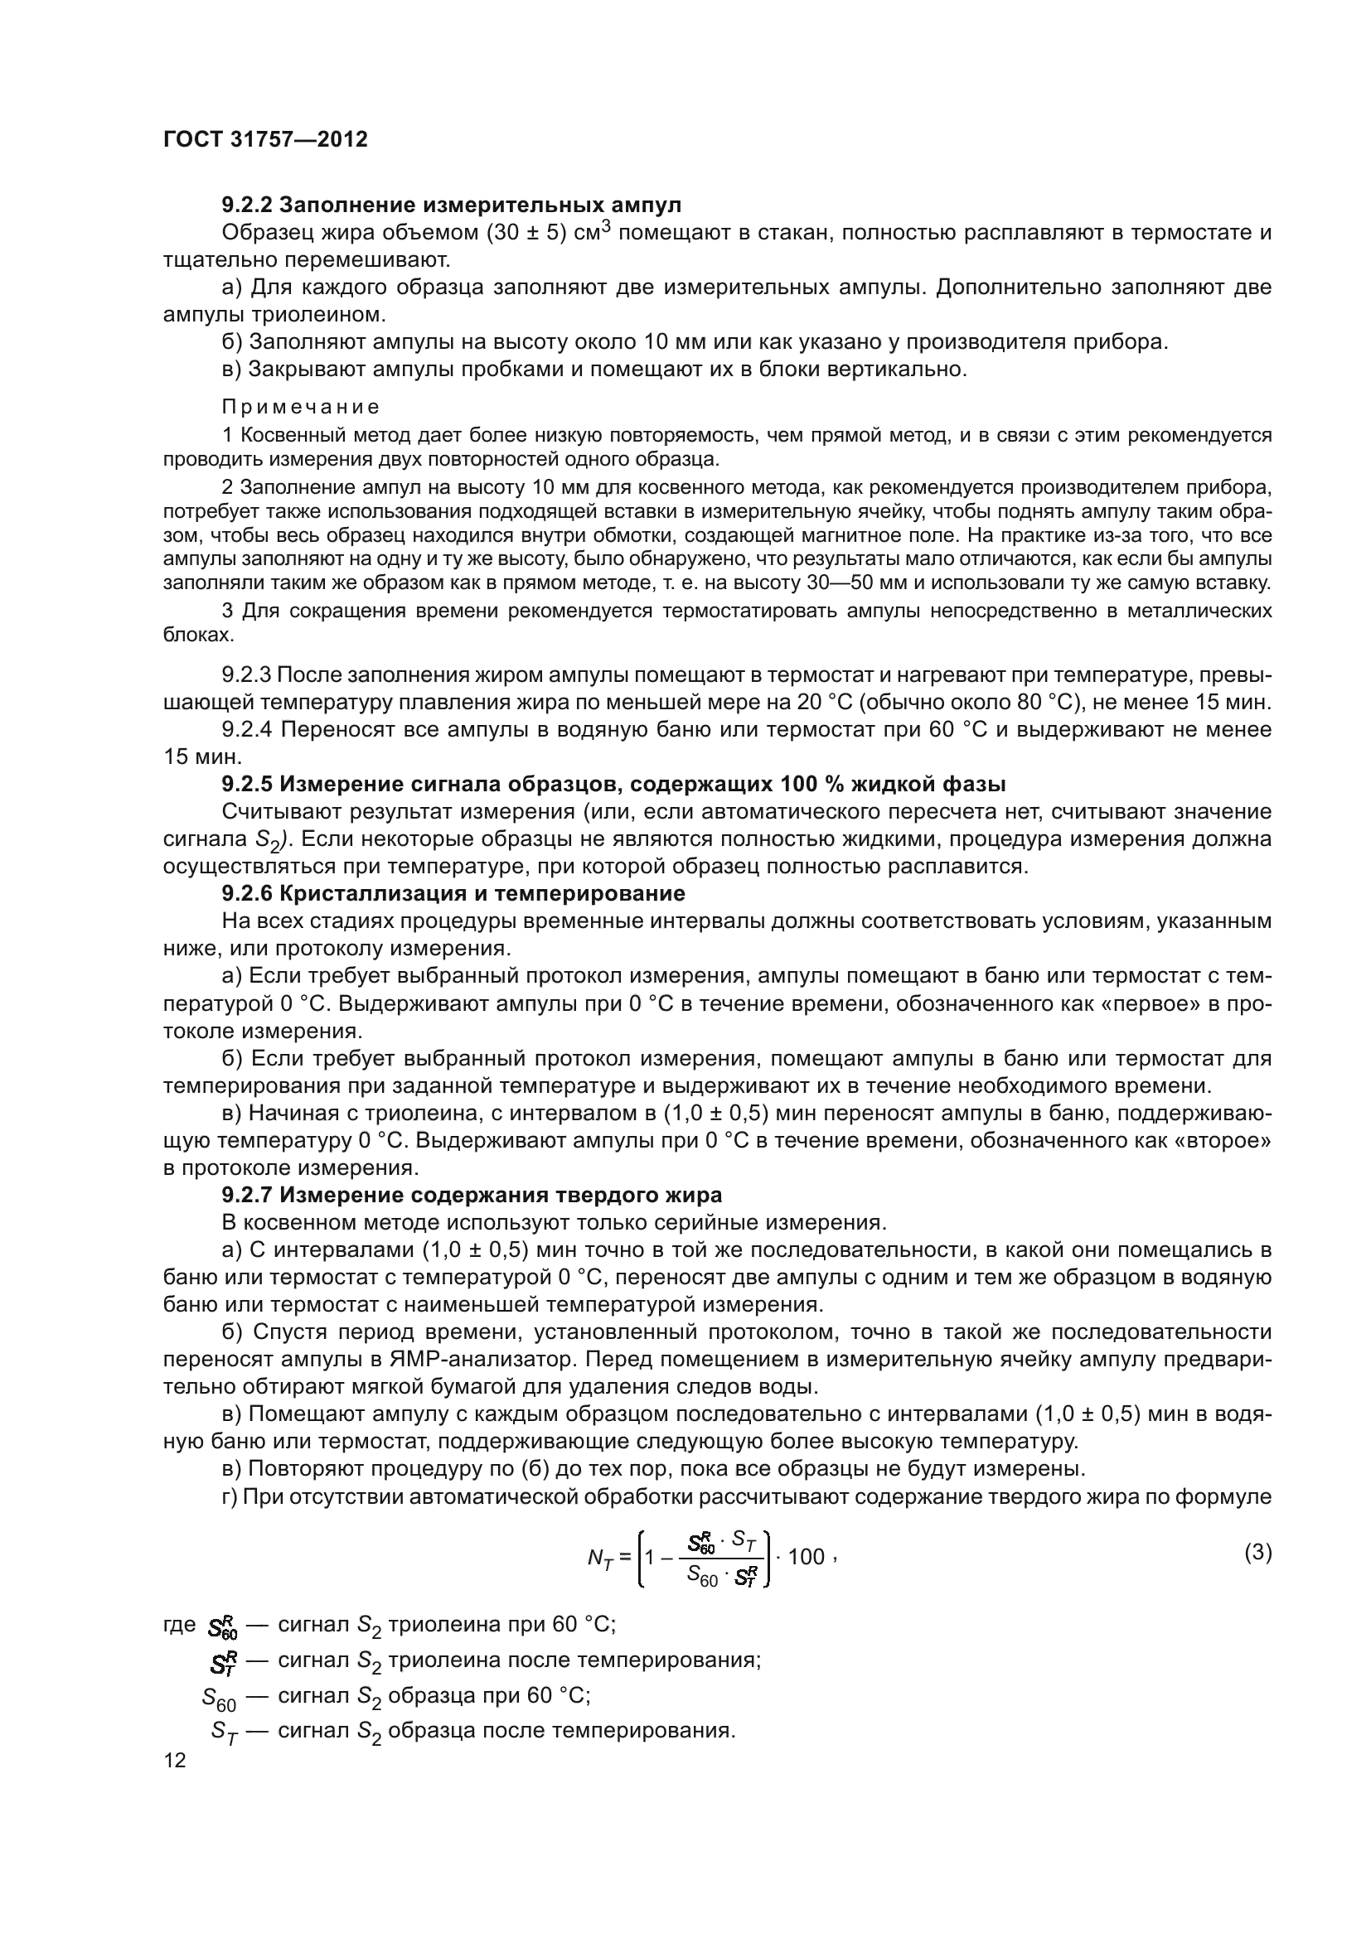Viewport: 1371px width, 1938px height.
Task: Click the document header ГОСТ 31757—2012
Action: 265,139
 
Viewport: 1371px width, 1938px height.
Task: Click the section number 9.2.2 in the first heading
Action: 246,205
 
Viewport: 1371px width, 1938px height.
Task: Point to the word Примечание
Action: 301,407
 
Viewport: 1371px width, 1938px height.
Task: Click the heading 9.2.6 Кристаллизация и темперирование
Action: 453,894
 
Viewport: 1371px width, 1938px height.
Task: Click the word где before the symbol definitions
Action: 179,1625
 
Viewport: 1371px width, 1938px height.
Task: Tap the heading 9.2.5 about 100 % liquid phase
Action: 613,785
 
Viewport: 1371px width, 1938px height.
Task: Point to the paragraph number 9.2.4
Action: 246,729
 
